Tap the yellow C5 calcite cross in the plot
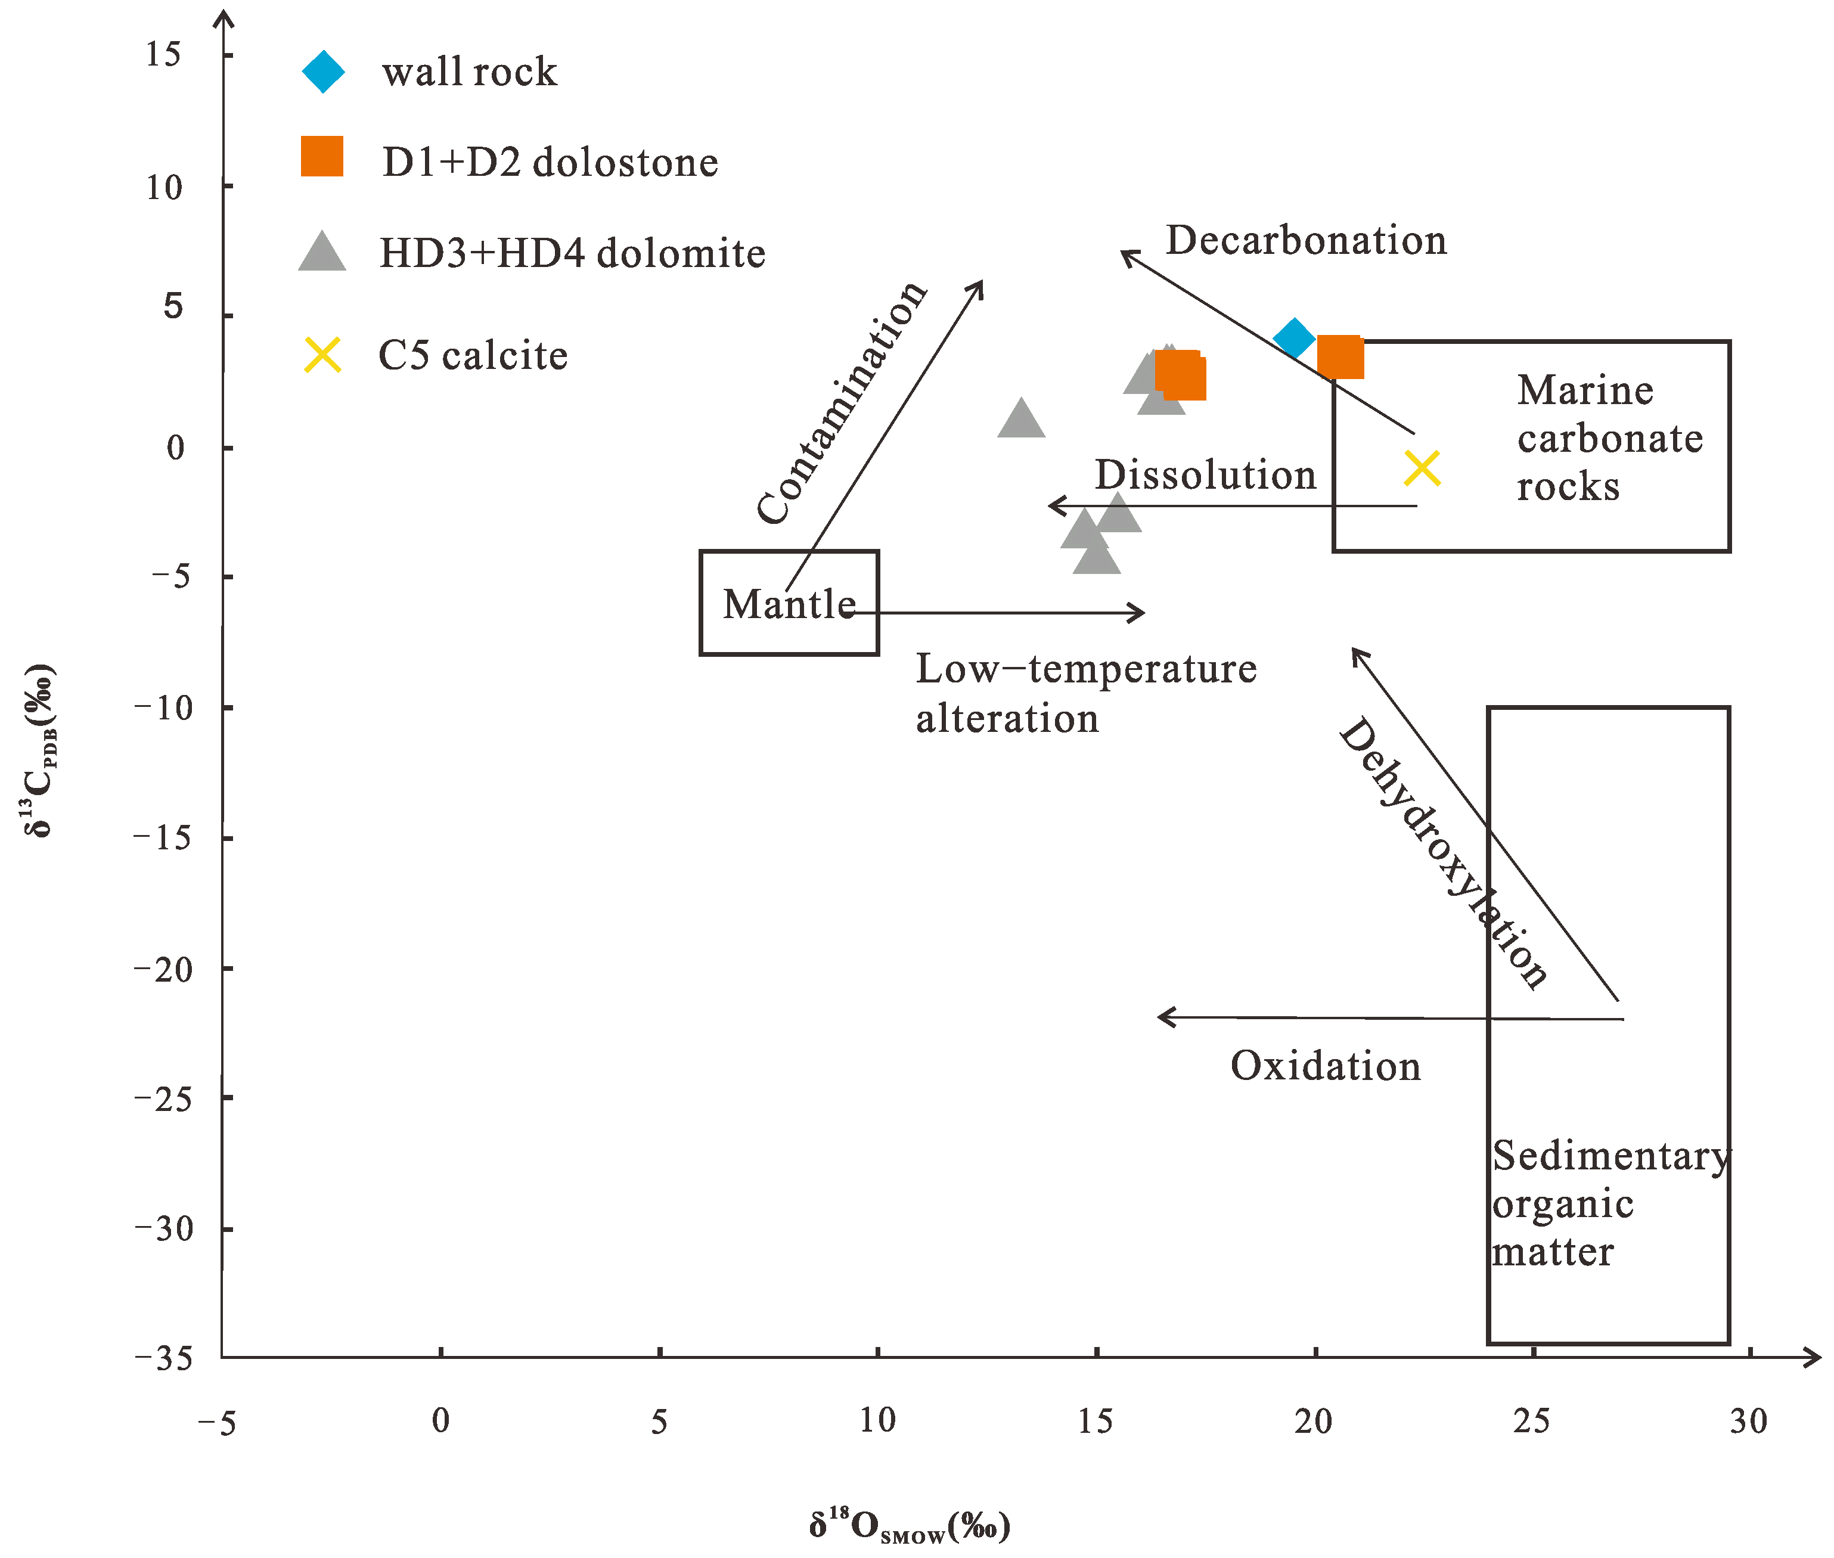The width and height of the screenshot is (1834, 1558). tap(1422, 468)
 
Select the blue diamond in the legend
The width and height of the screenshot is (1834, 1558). tap(323, 72)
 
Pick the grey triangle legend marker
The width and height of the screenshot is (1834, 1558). tap(322, 253)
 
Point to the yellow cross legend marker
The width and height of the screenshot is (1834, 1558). tap(322, 355)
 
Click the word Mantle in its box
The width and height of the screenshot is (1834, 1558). tap(789, 605)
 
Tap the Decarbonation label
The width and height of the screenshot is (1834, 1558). tap(1306, 240)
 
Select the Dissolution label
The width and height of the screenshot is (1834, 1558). tap(1205, 475)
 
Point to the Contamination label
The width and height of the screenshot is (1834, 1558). tap(840, 403)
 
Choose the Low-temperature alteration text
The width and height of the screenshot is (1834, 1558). tap(1085, 693)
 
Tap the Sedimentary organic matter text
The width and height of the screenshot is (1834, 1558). tap(1609, 1203)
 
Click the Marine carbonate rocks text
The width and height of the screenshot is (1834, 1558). tap(1609, 438)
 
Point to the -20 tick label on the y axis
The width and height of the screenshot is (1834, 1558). tap(165, 970)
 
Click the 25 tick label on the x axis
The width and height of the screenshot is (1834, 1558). tap(1531, 1421)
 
